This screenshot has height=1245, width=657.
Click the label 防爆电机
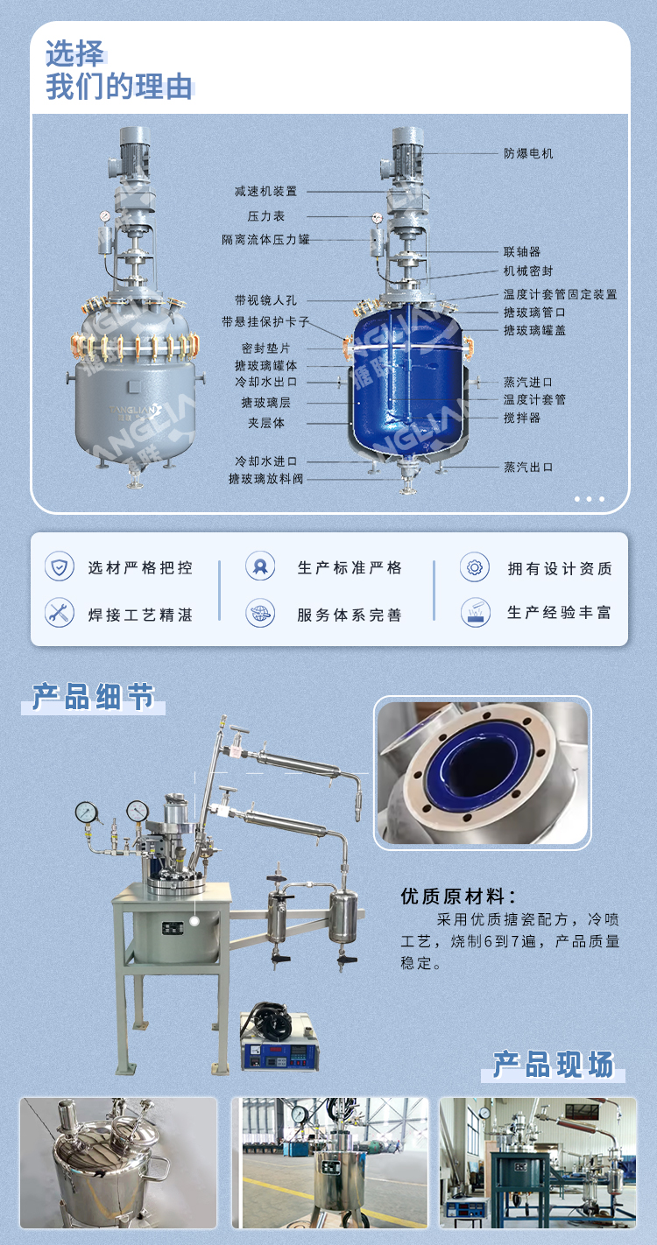coord(528,153)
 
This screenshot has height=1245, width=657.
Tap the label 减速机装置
coord(265,191)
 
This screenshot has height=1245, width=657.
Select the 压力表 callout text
coord(265,215)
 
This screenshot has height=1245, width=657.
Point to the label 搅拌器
coord(522,418)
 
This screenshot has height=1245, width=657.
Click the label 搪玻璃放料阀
coord(265,479)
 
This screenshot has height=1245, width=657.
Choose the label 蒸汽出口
coord(528,467)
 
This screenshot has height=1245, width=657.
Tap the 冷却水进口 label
coord(265,461)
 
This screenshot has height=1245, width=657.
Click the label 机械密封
coord(528,271)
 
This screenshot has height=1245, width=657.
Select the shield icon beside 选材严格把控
coord(60,566)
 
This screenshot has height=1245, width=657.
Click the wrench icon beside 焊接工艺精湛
coord(60,613)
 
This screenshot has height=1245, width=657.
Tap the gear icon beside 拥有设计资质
coord(474,567)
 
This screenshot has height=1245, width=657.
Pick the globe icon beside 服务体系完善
coord(260,613)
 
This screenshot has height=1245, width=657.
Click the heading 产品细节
coord(93,697)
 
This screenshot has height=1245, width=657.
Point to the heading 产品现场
coord(553,1064)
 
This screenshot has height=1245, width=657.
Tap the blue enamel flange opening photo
coord(483,771)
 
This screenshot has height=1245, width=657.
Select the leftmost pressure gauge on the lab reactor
coord(87,812)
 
